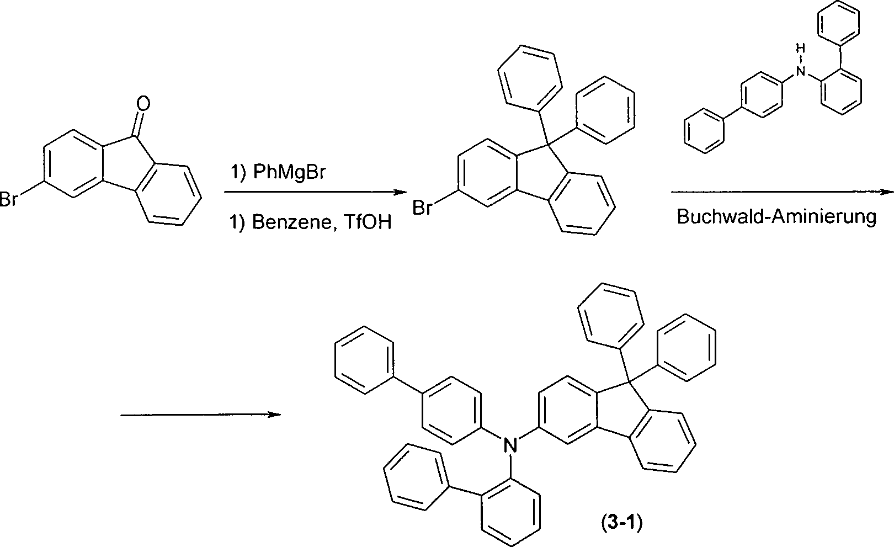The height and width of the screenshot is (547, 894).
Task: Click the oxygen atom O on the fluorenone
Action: (x=143, y=103)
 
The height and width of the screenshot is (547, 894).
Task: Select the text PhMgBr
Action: (x=289, y=172)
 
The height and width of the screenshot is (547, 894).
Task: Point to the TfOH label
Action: (x=368, y=222)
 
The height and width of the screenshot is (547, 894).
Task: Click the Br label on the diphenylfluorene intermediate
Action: (x=422, y=208)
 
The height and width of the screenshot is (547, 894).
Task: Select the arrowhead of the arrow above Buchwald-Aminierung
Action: (x=887, y=193)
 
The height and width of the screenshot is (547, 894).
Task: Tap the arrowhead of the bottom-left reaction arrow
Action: (x=274, y=415)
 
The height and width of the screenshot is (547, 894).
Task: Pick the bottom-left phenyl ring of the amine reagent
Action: (x=704, y=131)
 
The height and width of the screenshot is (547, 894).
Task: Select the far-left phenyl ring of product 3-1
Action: (x=364, y=360)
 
